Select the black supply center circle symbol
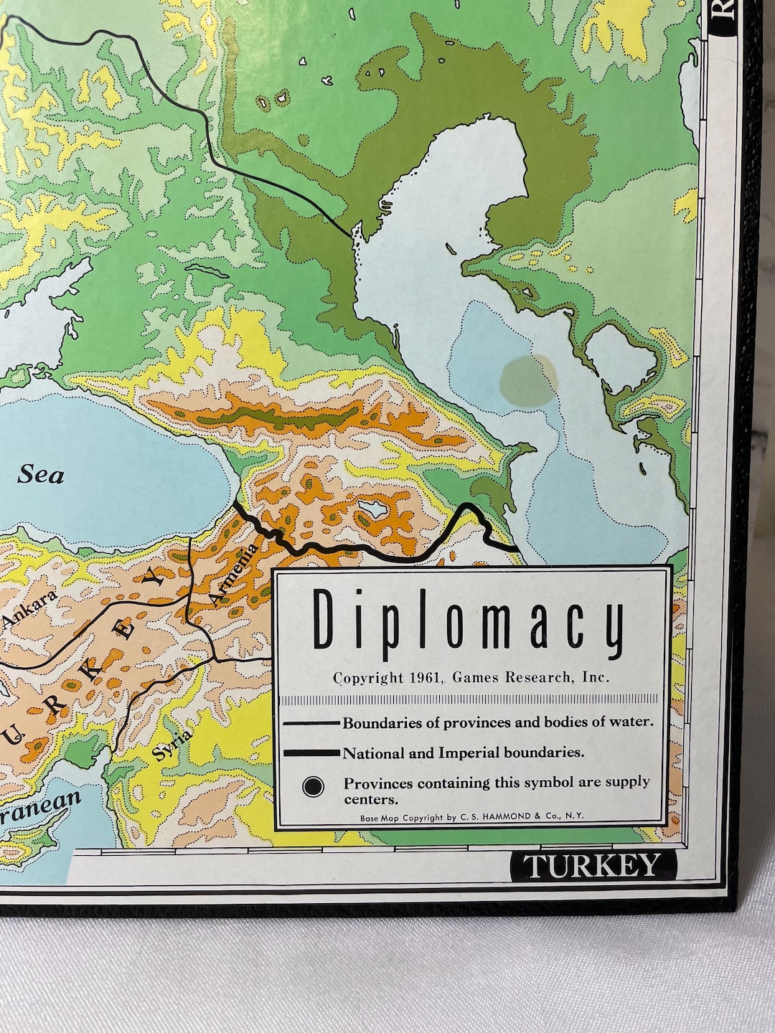[313, 787]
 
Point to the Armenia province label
[232, 572]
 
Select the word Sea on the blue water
[41, 474]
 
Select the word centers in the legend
[370, 798]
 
